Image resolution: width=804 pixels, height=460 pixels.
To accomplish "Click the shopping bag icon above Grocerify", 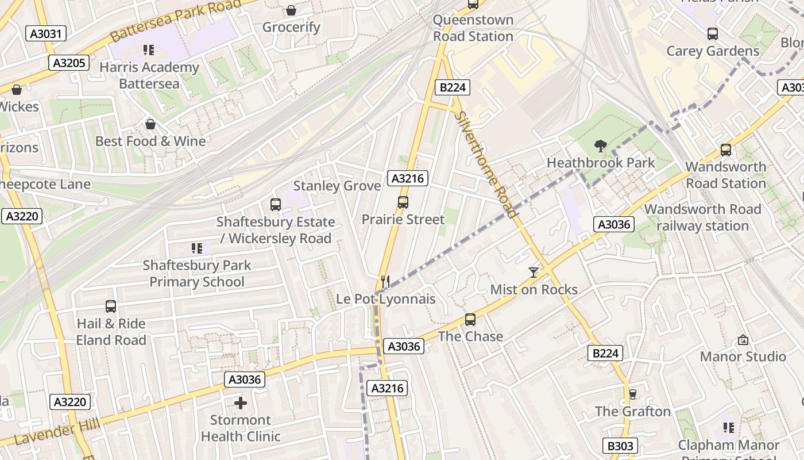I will (291, 10).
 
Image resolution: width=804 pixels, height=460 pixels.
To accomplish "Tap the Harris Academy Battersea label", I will (149, 75).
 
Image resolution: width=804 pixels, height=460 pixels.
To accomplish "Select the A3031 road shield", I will (46, 33).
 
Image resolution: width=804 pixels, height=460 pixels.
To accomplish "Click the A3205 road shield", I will (69, 63).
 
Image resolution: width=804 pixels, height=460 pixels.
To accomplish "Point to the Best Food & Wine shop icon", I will (150, 124).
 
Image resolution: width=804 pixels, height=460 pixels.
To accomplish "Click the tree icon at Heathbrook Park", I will (601, 146).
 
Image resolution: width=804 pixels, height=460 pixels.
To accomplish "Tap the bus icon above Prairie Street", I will (403, 202).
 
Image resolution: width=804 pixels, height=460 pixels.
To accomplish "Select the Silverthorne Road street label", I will (486, 164).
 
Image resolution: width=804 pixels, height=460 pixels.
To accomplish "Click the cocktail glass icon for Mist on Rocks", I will (534, 272).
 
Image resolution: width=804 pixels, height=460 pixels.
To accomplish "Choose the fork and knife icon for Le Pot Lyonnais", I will (385, 282).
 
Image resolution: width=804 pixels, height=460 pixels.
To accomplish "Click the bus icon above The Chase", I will (470, 320).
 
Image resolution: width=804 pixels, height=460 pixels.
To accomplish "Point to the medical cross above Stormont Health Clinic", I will (241, 403).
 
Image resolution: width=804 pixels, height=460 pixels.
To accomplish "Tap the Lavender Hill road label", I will (57, 432).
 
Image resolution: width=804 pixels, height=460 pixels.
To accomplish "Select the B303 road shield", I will (620, 446).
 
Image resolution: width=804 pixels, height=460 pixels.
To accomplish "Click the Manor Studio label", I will (743, 356).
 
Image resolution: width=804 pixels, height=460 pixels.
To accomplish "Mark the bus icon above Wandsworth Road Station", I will (726, 150).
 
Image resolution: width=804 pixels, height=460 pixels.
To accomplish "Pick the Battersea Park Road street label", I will (175, 20).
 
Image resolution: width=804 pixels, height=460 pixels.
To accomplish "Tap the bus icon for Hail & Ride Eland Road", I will (111, 306).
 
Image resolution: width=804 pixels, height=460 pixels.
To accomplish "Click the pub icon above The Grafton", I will (632, 394).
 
